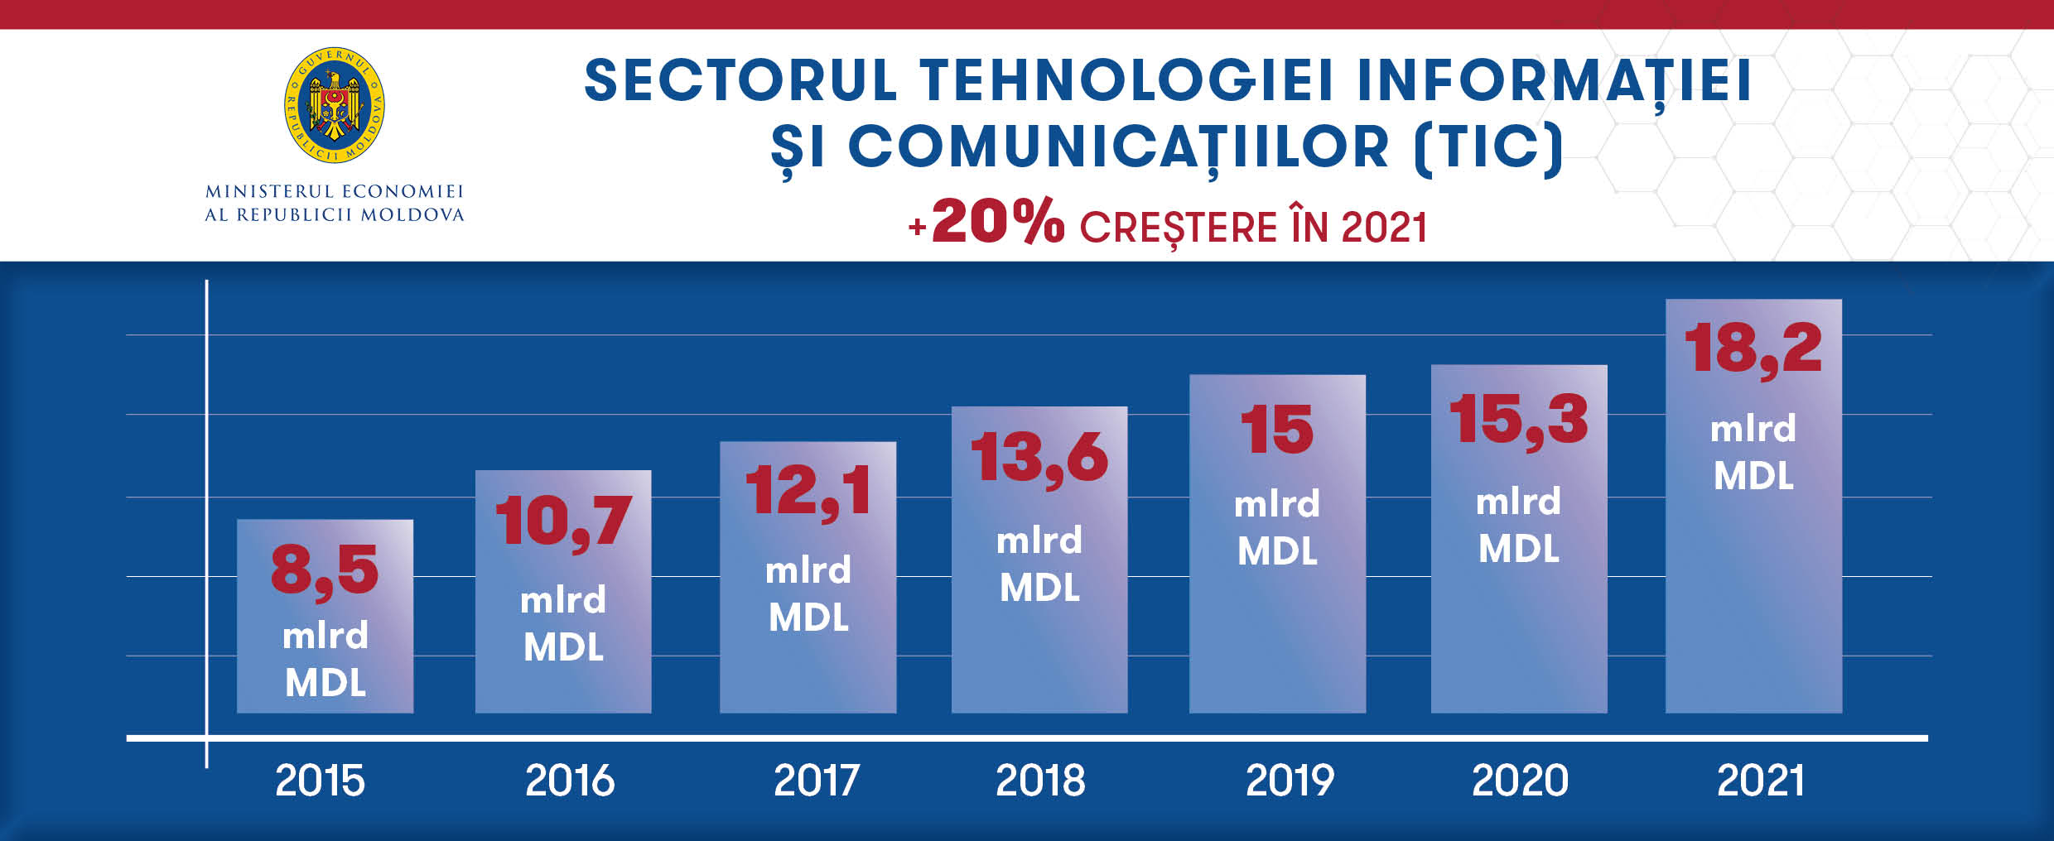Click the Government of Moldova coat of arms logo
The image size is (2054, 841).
pyautogui.click(x=334, y=105)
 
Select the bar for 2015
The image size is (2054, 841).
pyautogui.click(x=325, y=616)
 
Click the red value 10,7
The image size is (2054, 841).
pyautogui.click(x=563, y=522)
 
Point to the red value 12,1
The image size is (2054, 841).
pyautogui.click(x=808, y=491)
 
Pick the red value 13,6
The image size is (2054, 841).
pyautogui.click(x=1039, y=458)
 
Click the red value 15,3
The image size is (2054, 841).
pyautogui.click(x=1518, y=420)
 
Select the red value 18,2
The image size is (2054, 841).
pyautogui.click(x=1753, y=348)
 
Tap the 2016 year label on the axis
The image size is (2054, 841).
pyautogui.click(x=570, y=780)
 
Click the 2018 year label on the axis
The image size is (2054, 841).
pyautogui.click(x=1040, y=780)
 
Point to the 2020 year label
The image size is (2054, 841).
pyautogui.click(x=1520, y=780)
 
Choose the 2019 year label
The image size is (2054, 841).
pyautogui.click(x=1290, y=780)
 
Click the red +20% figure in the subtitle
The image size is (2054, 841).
pyautogui.click(x=987, y=222)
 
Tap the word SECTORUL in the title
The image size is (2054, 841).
pyautogui.click(x=740, y=80)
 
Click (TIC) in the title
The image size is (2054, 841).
pyautogui.click(x=1488, y=147)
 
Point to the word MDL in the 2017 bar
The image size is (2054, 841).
pyautogui.click(x=808, y=618)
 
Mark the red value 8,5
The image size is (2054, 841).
pyautogui.click(x=325, y=570)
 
